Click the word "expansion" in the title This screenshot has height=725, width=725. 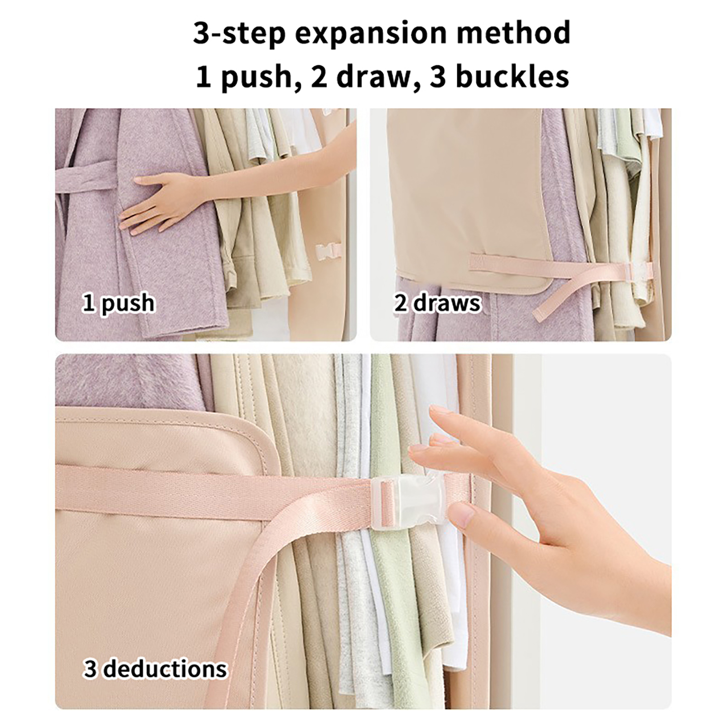371,34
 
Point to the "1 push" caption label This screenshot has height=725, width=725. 118,303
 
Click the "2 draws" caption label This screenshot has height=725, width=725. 437,303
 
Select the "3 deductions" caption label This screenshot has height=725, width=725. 155,669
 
